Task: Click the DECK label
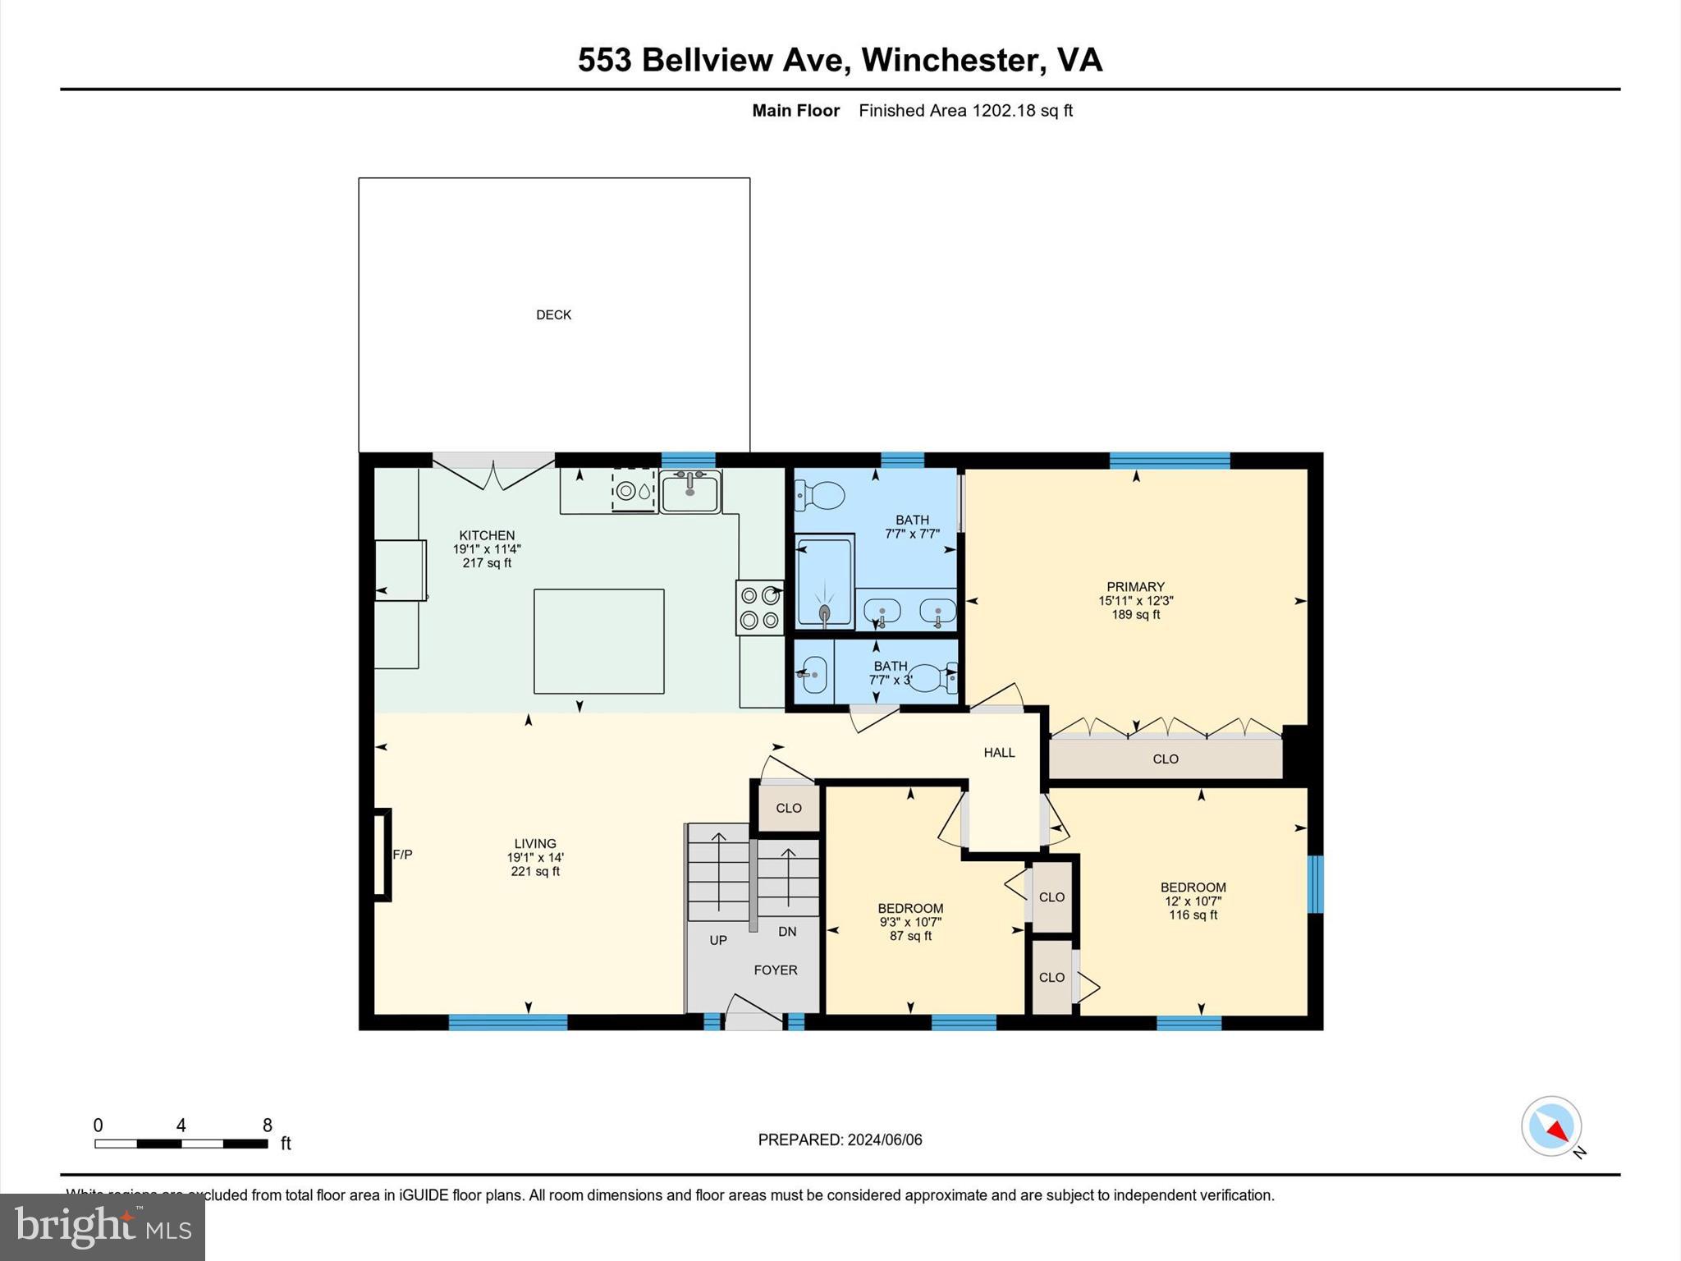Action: click(x=553, y=314)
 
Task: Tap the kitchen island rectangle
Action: click(x=598, y=641)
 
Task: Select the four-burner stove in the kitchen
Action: click(x=759, y=608)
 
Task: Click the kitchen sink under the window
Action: click(x=689, y=492)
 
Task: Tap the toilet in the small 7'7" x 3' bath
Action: click(x=932, y=677)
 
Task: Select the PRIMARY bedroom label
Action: click(x=1135, y=586)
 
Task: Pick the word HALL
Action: click(x=999, y=752)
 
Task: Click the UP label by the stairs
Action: click(x=718, y=940)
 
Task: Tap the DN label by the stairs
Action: click(x=787, y=931)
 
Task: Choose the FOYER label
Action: click(x=775, y=970)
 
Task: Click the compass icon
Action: click(x=1551, y=1126)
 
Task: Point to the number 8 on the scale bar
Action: click(x=267, y=1126)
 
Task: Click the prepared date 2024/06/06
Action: click(x=884, y=1139)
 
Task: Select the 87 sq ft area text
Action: click(x=910, y=936)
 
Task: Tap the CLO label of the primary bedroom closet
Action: click(x=1165, y=759)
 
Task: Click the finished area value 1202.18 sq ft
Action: click(x=1022, y=111)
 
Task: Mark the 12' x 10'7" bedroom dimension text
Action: click(x=1193, y=901)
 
